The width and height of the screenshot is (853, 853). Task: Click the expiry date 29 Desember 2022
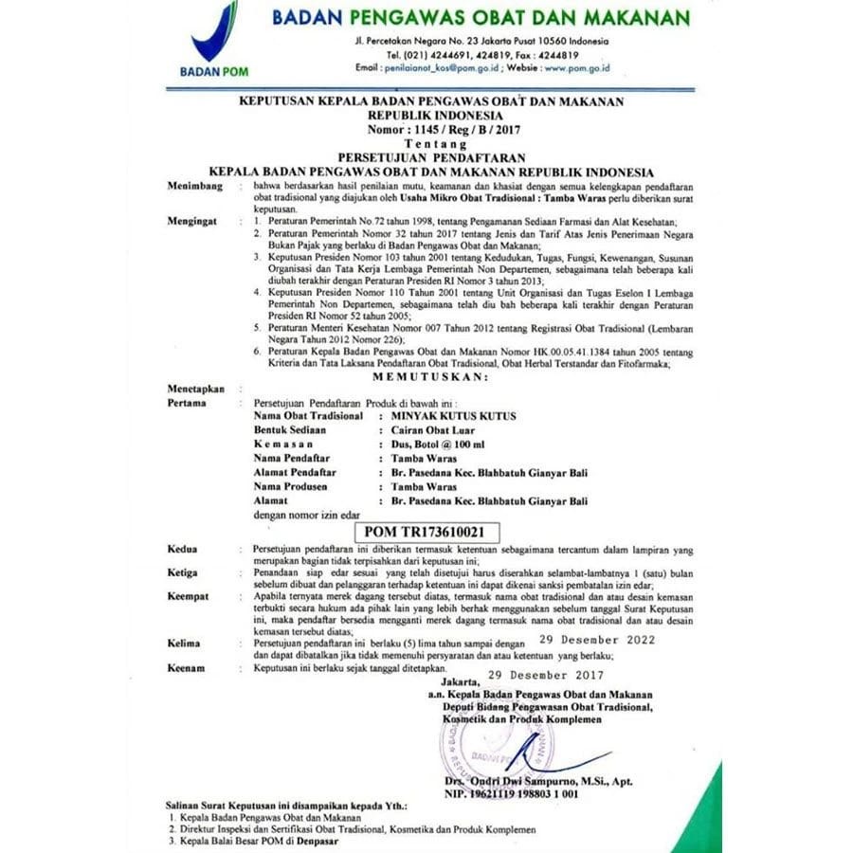[594, 640]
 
